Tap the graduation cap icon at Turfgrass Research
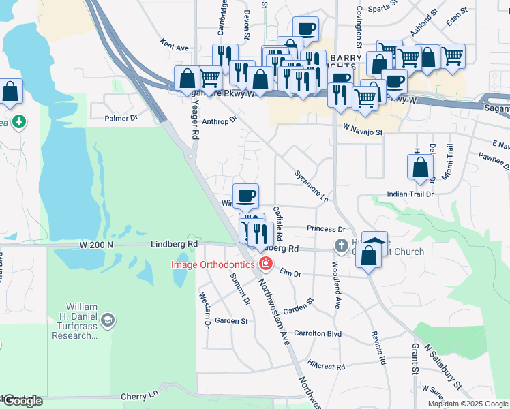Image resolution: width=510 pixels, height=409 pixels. coord(107,319)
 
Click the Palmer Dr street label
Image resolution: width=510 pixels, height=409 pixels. coord(121,118)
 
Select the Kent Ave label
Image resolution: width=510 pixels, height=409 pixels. coord(174,48)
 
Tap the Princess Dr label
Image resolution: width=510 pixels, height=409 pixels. coord(326,229)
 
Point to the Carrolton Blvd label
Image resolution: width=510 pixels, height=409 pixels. coord(317,334)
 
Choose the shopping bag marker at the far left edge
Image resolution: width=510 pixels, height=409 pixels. coord(10,91)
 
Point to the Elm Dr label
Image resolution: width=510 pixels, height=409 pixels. coord(290,273)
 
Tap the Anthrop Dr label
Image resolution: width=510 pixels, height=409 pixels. coord(219,120)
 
